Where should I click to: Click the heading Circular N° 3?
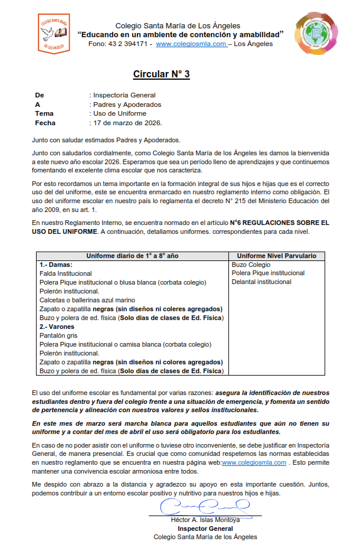(x=161, y=74)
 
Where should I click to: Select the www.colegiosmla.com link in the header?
(x=191, y=44)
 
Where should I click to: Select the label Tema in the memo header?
(x=44, y=113)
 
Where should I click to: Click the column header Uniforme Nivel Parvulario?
(x=277, y=256)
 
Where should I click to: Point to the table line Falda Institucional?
(x=66, y=273)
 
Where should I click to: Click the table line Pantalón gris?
(x=58, y=335)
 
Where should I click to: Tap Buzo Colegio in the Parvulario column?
(x=251, y=265)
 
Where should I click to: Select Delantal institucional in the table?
(x=261, y=282)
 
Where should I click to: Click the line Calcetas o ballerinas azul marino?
(x=87, y=300)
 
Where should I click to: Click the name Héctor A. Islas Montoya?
(x=205, y=520)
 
